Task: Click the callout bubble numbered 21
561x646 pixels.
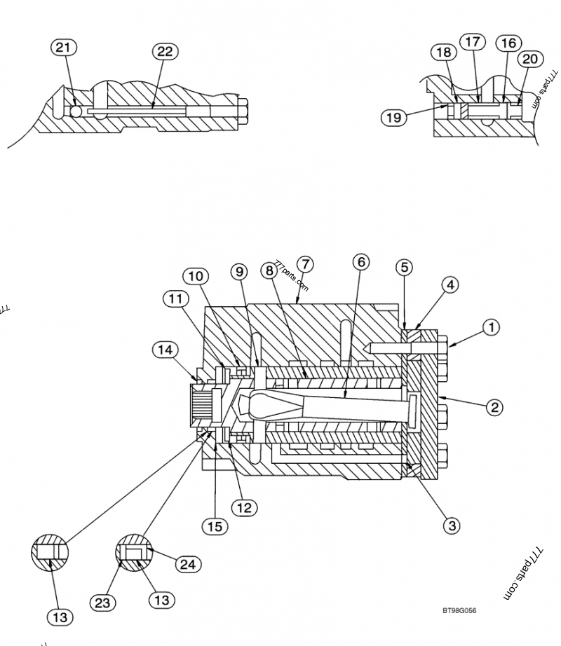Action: click(64, 48)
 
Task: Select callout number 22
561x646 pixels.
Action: click(166, 52)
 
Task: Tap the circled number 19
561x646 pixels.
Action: click(393, 117)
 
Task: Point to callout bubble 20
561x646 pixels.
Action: click(530, 59)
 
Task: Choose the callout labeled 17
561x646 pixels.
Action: click(472, 42)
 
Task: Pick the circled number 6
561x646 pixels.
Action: click(360, 262)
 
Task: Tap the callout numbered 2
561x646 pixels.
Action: click(495, 406)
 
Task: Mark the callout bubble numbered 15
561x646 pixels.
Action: click(217, 525)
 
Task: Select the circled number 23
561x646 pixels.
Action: click(102, 602)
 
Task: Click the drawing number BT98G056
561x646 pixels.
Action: click(459, 611)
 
